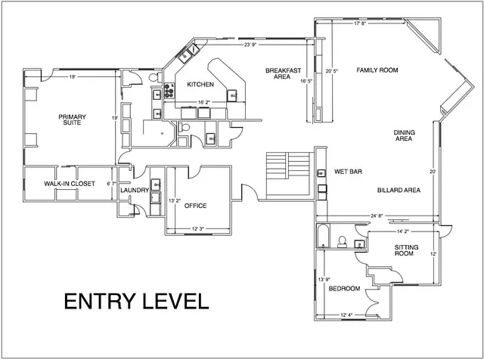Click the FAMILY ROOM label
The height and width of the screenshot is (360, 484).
click(377, 70)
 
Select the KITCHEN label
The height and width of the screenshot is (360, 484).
click(200, 84)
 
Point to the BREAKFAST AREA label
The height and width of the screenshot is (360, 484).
click(278, 73)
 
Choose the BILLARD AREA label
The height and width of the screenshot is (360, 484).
click(399, 190)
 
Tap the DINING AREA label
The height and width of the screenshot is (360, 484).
click(403, 136)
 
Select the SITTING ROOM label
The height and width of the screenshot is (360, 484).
click(404, 250)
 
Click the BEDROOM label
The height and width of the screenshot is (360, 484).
click(343, 288)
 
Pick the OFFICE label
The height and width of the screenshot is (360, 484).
click(195, 206)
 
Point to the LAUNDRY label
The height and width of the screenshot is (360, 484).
click(134, 191)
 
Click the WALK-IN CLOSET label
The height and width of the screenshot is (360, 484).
click(69, 184)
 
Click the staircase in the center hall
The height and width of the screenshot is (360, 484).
click(289, 164)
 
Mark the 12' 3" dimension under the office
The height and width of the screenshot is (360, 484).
click(199, 228)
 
